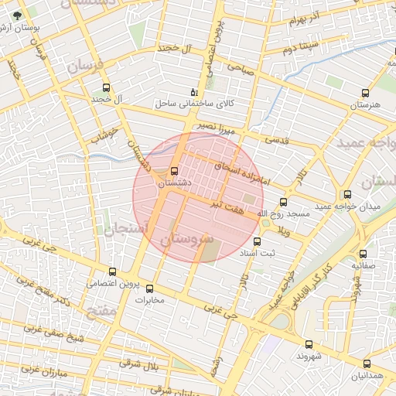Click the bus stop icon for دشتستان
[x=174, y=172]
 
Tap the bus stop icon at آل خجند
[x=106, y=87]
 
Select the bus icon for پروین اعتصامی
[x=113, y=271]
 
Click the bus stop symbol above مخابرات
[x=150, y=288]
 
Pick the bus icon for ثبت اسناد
[x=268, y=241]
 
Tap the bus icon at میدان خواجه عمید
[x=347, y=194]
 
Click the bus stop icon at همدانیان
[x=367, y=364]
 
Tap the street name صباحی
[x=239, y=70]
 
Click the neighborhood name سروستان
[x=186, y=241]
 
